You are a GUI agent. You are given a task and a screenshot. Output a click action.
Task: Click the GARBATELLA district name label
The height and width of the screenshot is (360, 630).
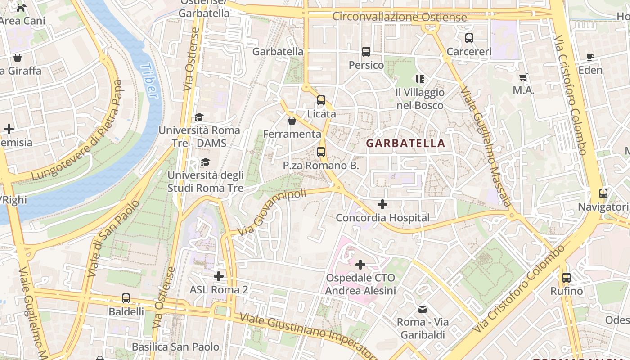pos(405,144)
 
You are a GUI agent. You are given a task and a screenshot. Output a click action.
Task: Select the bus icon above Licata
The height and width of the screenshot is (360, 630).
pos(321,100)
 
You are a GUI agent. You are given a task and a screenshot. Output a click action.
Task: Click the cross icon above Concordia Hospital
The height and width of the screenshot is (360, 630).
pos(382,204)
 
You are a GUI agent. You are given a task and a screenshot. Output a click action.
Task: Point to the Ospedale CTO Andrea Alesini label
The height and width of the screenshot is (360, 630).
pos(360,284)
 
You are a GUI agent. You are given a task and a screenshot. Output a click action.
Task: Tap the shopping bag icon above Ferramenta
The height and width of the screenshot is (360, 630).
pos(292,121)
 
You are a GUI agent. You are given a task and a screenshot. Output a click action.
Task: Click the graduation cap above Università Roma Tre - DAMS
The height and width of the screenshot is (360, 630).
pos(199,117)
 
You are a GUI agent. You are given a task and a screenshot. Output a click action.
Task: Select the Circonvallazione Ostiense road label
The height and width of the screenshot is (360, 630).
pos(400,17)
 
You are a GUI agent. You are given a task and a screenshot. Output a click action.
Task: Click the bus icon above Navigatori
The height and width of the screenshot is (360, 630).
pos(603,193)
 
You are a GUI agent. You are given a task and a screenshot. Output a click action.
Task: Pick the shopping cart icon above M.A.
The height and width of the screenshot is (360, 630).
pos(523,77)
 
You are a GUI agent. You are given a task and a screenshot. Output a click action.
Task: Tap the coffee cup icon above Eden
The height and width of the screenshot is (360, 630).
pos(590,57)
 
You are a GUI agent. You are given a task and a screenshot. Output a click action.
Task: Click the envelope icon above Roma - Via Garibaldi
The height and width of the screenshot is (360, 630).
pos(423,309)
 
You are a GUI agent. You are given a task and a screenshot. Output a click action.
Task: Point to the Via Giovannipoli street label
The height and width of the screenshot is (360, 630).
pos(272,212)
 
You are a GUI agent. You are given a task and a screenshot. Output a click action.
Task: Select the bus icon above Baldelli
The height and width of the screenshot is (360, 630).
pos(126,298)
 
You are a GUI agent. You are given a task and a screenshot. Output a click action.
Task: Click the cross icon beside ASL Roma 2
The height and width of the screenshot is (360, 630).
pos(219,276)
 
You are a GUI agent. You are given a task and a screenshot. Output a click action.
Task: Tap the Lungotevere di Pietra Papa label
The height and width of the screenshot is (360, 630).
pos(77,130)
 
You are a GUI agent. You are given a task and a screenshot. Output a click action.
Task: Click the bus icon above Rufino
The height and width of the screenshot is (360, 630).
pos(567,278)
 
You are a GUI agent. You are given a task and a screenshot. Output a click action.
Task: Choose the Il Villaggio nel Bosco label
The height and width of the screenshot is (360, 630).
pos(420,99)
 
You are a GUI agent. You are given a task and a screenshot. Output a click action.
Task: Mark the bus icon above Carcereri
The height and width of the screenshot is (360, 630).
pos(469,38)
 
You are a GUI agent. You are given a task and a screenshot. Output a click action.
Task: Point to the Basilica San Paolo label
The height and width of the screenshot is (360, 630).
pos(175,346)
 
